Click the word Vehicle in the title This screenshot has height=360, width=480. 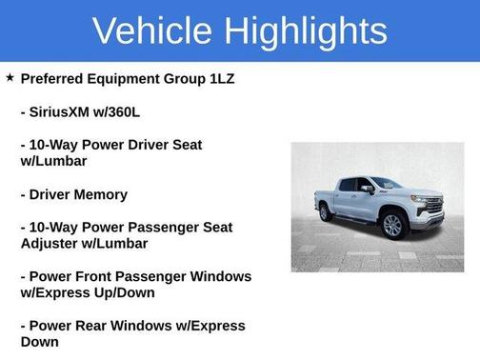coord(154,30)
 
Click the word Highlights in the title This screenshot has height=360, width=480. coord(307,30)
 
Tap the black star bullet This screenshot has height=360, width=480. coord(10,76)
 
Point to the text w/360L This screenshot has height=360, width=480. coord(138,111)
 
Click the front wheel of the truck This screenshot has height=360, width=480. coord(392,225)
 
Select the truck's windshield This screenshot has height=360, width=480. coord(386,183)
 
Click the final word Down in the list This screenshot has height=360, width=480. coord(40,342)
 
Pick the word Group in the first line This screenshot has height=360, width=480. coord(190,78)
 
